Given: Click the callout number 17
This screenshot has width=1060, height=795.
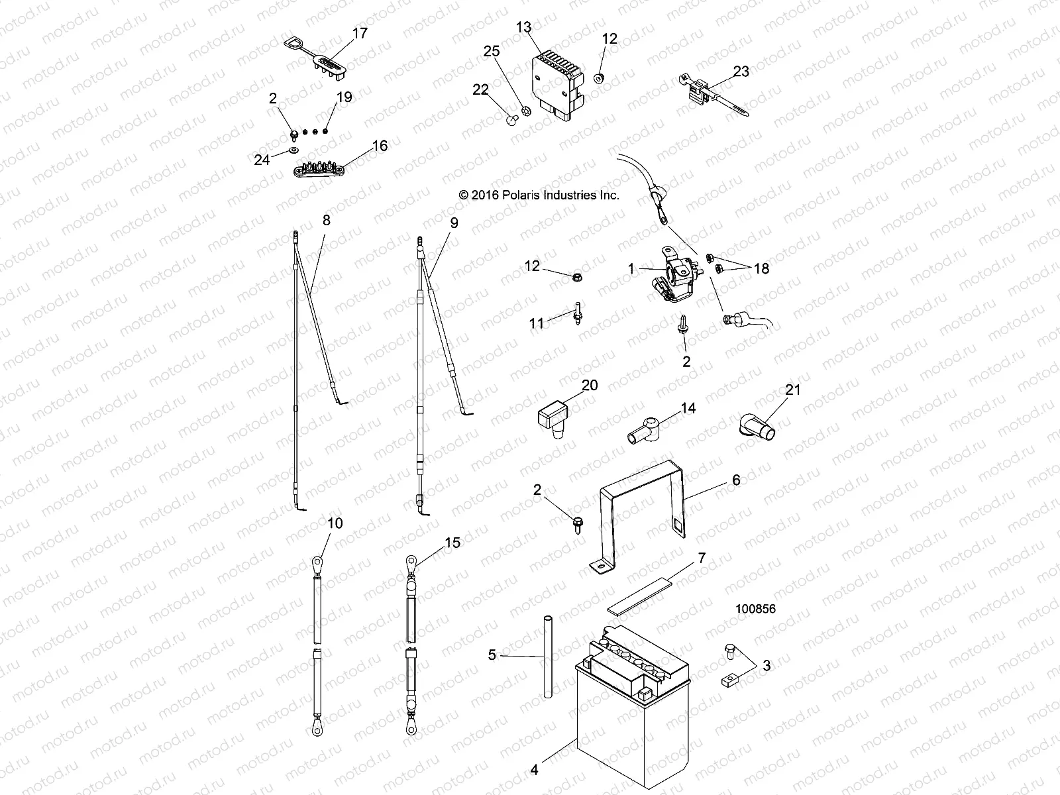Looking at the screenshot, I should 360,32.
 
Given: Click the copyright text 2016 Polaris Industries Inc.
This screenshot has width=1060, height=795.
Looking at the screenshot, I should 539,195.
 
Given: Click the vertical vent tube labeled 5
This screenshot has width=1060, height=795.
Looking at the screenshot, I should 548,656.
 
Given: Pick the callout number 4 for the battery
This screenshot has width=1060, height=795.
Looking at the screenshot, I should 534,770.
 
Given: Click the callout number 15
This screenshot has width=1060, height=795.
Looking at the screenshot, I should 452,543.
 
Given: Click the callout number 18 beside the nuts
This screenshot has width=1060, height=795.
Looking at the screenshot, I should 761,269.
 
